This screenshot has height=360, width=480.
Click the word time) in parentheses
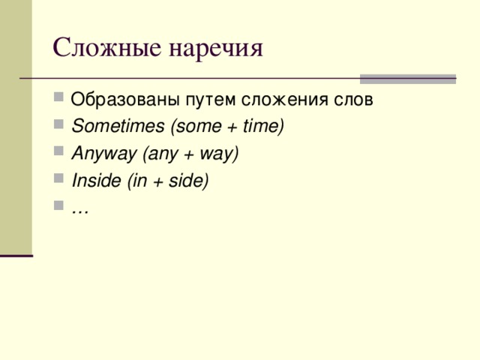pyautogui.click(x=265, y=127)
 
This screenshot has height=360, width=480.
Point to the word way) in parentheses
pyautogui.click(x=220, y=154)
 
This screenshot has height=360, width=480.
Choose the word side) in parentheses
pyautogui.click(x=190, y=181)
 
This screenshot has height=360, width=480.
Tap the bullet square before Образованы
pyautogui.click(x=58, y=99)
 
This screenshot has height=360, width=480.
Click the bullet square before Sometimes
pyautogui.click(x=58, y=126)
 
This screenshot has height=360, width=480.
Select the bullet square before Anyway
pyautogui.click(x=58, y=153)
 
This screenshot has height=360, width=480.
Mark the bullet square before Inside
pyautogui.click(x=58, y=180)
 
